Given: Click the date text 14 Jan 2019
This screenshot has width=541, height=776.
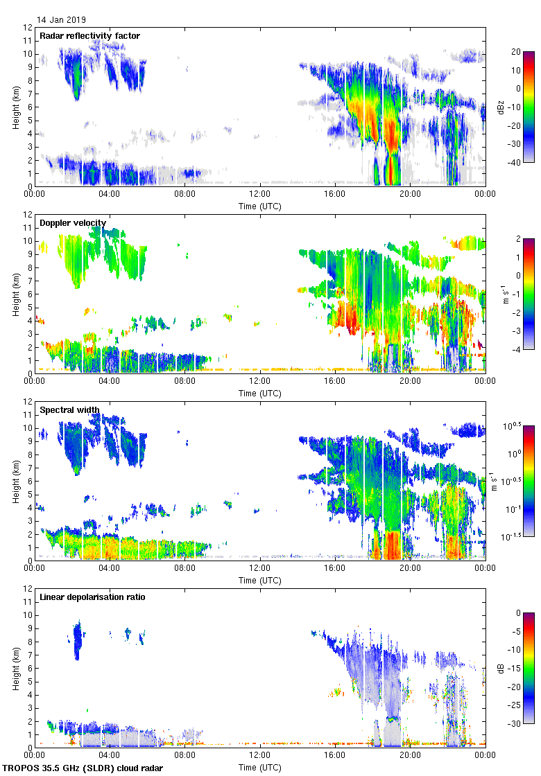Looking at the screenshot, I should tap(62, 20).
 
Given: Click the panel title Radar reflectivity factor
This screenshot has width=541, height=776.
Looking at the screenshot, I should tap(89, 35).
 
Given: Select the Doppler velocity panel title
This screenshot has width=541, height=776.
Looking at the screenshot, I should tap(73, 222).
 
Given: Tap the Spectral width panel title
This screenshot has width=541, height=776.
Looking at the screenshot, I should tap(69, 409).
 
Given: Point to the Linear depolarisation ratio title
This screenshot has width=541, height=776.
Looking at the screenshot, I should tap(92, 597).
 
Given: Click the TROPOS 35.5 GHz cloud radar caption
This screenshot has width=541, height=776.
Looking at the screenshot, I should tap(84, 768).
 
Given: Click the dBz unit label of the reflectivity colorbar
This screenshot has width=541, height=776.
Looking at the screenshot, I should tap(501, 107).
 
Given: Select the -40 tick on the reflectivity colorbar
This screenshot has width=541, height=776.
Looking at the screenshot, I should tap(515, 163).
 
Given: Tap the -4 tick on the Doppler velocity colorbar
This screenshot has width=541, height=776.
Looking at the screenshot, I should tap(515, 350).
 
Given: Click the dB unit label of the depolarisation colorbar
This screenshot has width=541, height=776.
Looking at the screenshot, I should tap(501, 668).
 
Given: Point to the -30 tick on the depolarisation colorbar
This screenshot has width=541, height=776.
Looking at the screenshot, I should tap(515, 724).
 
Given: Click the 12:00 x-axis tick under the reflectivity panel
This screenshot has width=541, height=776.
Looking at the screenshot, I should tap(259, 195).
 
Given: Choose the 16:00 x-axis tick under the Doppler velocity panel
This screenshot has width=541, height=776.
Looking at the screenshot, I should tap(335, 382).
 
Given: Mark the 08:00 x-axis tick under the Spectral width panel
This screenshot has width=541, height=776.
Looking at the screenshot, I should tap(184, 569).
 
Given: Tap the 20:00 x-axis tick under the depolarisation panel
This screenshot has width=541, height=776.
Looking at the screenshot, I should tap(410, 756).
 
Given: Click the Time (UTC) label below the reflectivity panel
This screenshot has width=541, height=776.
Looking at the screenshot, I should tap(260, 206).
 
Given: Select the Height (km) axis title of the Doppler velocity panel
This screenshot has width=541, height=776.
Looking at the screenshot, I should tap(15, 294).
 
